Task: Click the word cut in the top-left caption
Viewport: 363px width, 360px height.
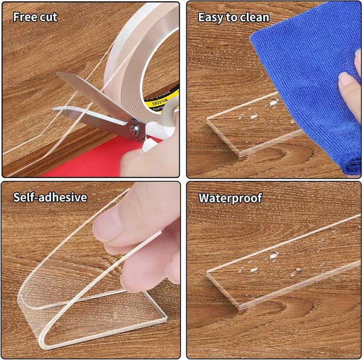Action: point(48,18)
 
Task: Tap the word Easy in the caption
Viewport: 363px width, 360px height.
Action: point(211,18)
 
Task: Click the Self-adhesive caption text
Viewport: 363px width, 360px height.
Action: point(50,197)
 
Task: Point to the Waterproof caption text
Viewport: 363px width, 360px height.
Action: point(231,198)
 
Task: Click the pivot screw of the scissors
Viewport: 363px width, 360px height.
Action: point(135,129)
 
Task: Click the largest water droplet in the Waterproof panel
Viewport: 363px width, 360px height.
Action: point(273,255)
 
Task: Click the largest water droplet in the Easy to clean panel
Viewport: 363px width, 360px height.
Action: point(274,102)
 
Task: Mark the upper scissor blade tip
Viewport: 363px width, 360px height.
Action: point(57,73)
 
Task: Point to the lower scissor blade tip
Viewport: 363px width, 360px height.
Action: point(54,108)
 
